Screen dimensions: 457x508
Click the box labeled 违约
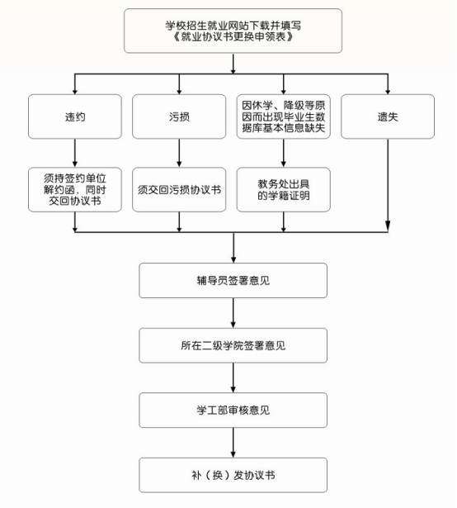click(75, 116)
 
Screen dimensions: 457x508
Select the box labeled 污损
click(179, 116)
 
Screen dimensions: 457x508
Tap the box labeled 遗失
click(388, 116)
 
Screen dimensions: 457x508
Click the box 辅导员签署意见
click(233, 281)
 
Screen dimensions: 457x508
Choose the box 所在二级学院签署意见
click(233, 345)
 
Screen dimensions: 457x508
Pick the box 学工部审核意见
click(233, 411)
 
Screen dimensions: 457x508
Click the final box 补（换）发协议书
click(233, 475)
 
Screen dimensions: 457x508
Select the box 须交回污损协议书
click(179, 189)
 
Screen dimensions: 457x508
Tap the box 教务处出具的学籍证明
click(284, 189)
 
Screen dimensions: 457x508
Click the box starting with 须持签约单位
click(75, 189)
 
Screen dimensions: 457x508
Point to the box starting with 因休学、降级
click(284, 116)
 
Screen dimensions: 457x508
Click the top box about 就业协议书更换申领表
click(233, 31)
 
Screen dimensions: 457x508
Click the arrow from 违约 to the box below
click(75, 154)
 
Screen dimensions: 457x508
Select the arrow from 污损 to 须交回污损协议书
click(179, 154)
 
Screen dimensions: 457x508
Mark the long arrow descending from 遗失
click(388, 185)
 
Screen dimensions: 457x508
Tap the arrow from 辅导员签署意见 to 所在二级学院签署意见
click(233, 313)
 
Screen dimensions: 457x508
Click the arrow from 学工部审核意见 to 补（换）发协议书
click(233, 443)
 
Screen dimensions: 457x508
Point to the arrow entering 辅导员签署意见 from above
click(233, 248)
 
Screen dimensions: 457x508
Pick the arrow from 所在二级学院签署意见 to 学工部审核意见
click(233, 377)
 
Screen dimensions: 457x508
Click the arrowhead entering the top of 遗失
click(388, 92)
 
